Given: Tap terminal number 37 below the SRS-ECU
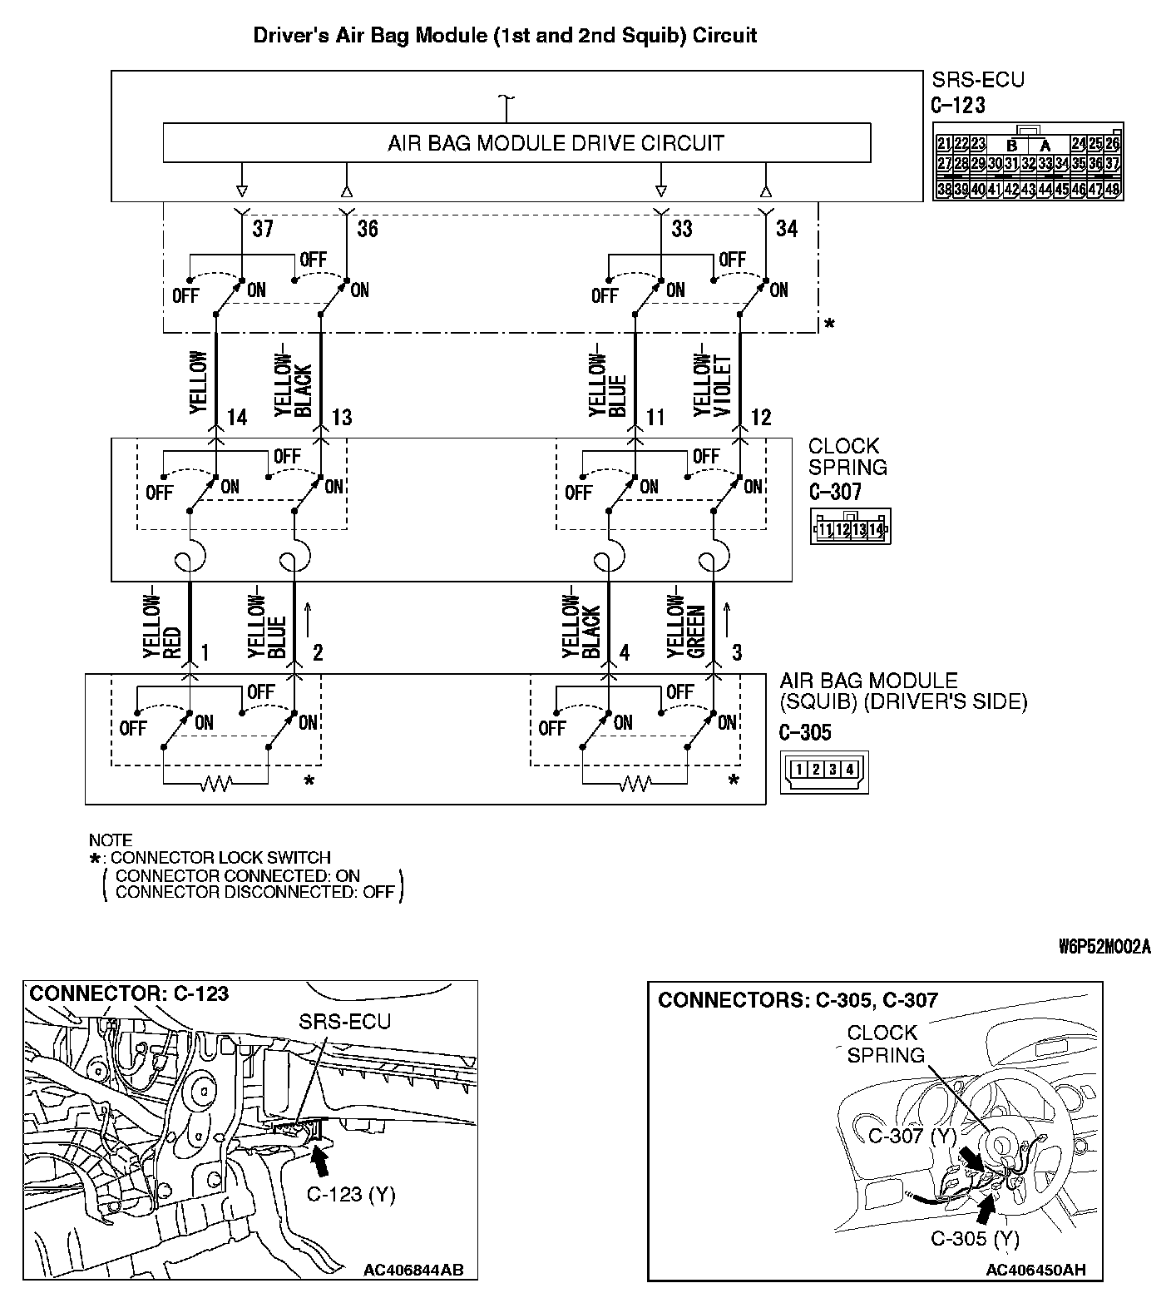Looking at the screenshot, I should [x=263, y=228].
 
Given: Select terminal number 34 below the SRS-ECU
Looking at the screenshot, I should [x=787, y=228].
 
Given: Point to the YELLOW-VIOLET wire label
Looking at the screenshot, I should [x=713, y=384].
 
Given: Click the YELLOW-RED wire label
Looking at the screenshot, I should [x=161, y=626].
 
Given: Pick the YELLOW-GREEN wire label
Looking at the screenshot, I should [x=686, y=626].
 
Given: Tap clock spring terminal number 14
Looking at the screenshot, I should [x=237, y=417].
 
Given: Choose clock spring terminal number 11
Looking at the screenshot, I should [x=656, y=417].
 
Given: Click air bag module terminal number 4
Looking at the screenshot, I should [x=625, y=652].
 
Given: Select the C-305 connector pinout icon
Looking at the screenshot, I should [x=823, y=770].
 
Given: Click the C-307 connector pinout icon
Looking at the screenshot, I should [x=850, y=528].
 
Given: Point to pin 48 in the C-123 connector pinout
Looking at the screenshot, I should [x=1112, y=190].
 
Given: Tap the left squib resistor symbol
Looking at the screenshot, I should [x=216, y=783].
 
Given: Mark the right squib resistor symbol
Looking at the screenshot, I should [x=635, y=783].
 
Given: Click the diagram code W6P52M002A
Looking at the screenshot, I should [x=1104, y=948].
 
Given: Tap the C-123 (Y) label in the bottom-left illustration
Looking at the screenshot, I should [x=350, y=1195].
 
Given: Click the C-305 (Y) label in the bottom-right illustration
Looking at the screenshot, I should [x=975, y=1239].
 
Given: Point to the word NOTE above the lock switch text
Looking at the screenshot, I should [x=110, y=840].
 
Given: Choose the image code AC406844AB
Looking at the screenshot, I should [x=413, y=1270].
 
